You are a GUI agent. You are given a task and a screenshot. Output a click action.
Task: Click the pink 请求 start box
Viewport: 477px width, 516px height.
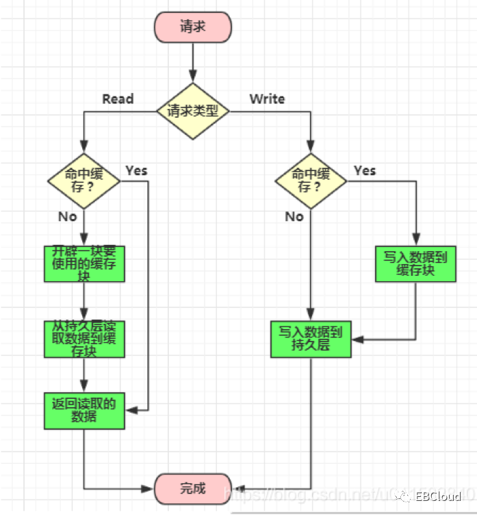(x=193, y=27)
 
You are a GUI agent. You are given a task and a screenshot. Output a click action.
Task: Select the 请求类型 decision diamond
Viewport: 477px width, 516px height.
(x=192, y=111)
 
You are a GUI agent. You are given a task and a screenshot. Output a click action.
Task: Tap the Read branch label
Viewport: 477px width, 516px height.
(x=118, y=99)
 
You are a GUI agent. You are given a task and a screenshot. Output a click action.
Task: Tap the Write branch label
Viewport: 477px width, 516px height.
(x=267, y=99)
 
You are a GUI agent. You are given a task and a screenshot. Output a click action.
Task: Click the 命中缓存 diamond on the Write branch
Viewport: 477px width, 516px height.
(x=311, y=180)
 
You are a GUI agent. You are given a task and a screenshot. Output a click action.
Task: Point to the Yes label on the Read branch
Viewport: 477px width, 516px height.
(x=136, y=170)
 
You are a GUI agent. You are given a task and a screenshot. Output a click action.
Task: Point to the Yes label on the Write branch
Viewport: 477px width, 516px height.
(x=365, y=170)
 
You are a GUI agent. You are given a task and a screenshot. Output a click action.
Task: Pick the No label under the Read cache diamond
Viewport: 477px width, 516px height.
(x=67, y=216)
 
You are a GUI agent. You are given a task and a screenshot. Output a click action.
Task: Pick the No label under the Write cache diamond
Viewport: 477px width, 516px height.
(x=294, y=216)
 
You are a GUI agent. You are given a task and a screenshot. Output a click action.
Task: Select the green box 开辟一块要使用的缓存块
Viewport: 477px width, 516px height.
(x=83, y=262)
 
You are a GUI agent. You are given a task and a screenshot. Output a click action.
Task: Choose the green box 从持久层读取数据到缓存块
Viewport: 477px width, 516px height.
(x=83, y=338)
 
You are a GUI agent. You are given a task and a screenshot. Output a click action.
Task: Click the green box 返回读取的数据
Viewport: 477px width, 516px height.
(x=83, y=411)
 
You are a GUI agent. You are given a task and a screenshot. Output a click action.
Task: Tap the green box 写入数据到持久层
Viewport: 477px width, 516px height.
(x=311, y=339)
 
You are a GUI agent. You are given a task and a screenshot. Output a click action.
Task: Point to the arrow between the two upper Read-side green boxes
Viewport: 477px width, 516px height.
(x=83, y=300)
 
